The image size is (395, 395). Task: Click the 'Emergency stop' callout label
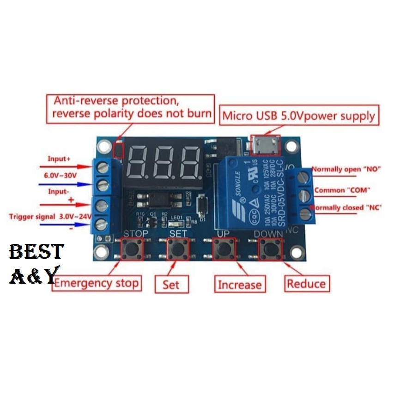coord(96,283)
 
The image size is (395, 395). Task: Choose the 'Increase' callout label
coord(240,284)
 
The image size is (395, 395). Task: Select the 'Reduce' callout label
coord(306,283)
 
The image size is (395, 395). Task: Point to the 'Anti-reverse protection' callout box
coord(131,107)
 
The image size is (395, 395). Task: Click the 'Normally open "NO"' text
coord(346,170)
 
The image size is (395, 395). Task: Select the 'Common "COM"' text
coord(342,190)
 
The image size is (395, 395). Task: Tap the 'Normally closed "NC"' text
coord(346,208)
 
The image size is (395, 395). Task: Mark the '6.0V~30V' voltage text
coord(61,176)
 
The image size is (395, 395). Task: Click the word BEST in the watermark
coord(36,252)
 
